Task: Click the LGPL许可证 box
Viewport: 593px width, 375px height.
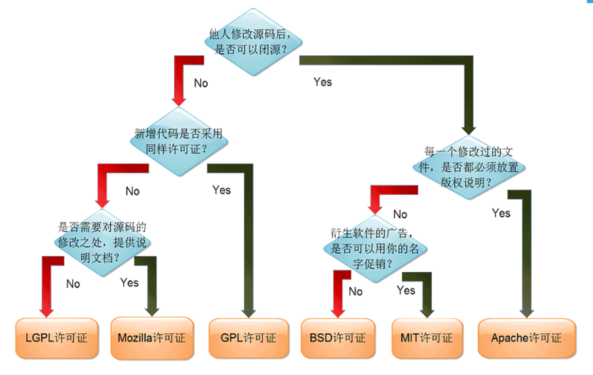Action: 57,338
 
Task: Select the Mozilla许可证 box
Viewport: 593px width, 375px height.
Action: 152,338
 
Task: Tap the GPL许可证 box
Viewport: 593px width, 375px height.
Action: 249,338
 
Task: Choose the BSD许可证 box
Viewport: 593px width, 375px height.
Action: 338,338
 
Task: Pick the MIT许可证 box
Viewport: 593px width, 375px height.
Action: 427,338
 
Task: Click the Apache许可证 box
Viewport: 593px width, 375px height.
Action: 526,338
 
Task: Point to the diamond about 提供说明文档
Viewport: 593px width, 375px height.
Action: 103,242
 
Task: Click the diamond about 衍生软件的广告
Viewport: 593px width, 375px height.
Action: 375,249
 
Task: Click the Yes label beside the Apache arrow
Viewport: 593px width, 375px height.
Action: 501,213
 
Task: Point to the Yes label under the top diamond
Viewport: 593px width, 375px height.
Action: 323,82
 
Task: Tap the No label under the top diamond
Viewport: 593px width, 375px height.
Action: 201,83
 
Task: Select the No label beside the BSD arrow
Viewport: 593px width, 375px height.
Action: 355,291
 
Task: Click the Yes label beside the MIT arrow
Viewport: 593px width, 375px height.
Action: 406,290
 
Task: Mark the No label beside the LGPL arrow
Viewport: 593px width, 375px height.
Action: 73,284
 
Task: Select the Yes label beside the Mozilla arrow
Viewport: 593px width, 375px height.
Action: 129,282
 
